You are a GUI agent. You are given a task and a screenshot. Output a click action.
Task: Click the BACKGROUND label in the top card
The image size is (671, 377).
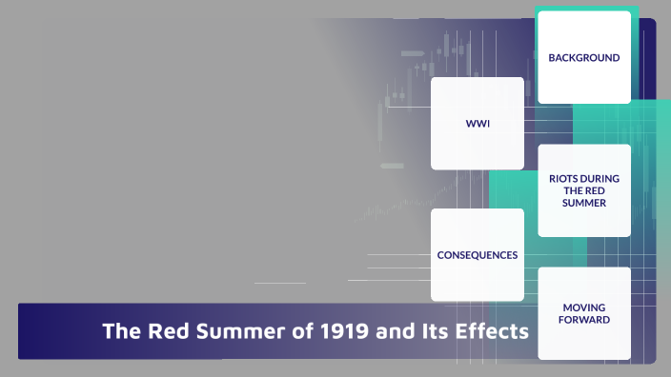583,58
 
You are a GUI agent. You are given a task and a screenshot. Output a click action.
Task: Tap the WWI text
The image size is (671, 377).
477,124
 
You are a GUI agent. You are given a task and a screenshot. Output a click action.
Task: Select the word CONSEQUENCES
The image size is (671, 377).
477,255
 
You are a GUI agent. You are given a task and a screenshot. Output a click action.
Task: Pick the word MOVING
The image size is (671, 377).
583,308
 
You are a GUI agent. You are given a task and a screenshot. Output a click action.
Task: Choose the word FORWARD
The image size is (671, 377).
583,320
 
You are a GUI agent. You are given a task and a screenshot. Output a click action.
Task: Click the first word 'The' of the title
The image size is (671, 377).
121,332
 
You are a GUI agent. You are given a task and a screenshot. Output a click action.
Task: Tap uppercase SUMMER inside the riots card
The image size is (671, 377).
583,203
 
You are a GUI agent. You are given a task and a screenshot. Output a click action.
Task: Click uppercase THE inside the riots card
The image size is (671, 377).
570,190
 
